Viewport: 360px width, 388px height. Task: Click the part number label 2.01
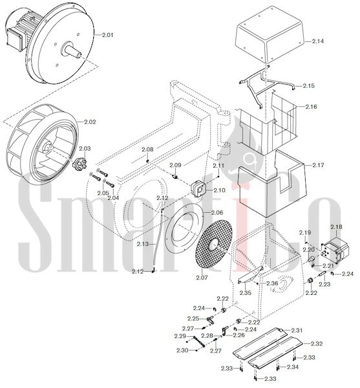(108, 35)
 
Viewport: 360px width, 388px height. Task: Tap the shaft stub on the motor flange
(71, 50)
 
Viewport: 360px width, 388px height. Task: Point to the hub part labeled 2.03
(79, 164)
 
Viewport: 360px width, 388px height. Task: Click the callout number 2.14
(318, 41)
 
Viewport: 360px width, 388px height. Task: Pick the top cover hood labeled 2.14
(270, 35)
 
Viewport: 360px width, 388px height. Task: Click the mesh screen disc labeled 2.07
(214, 244)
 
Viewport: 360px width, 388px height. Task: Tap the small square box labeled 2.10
(200, 188)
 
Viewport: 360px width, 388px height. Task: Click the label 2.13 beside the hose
(143, 244)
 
